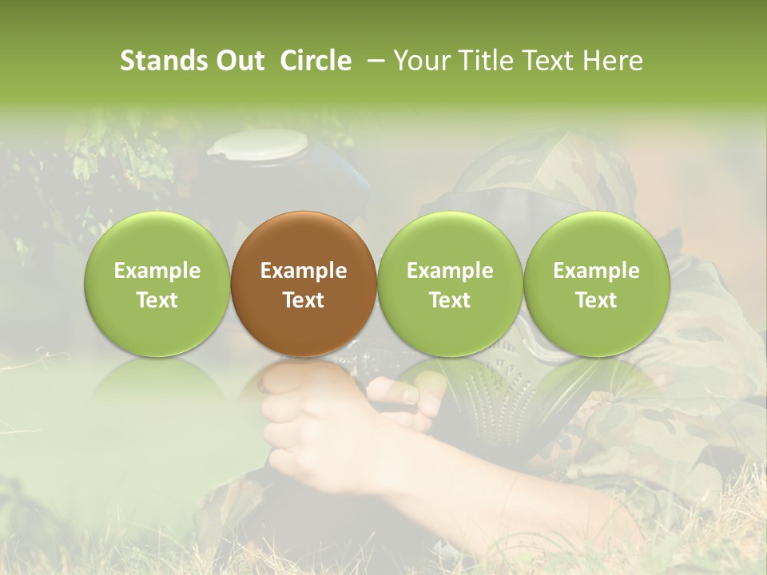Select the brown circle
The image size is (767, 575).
tap(304, 284)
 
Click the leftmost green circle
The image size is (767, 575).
tap(157, 284)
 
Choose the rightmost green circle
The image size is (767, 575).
tap(597, 284)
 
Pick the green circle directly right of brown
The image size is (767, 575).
tap(450, 284)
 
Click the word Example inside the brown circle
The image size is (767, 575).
tap(304, 271)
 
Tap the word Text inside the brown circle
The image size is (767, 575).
tap(304, 300)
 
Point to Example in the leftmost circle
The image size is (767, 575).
tap(157, 271)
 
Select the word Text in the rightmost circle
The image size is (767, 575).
tap(597, 300)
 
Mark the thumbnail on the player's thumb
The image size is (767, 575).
tap(409, 395)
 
